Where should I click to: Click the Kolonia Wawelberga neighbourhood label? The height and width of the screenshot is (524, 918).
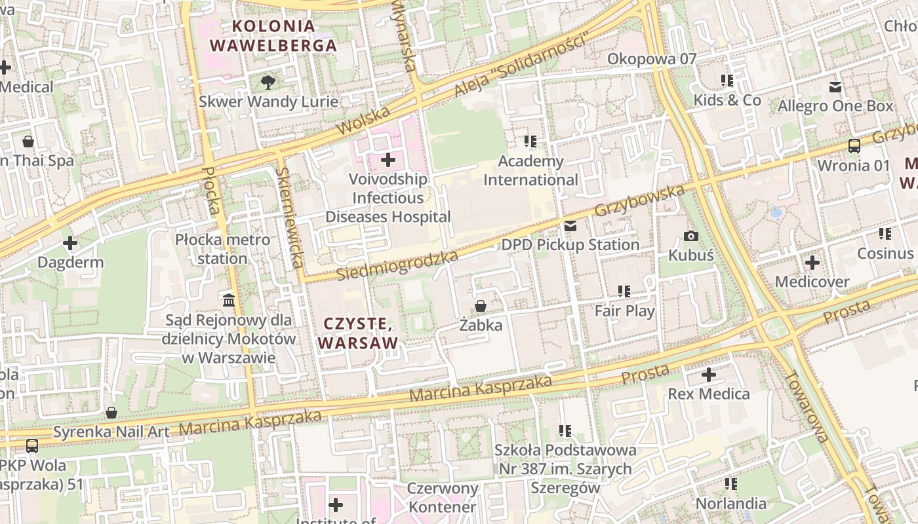pos(273,36)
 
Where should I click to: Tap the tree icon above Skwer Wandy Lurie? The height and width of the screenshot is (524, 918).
pos(268,83)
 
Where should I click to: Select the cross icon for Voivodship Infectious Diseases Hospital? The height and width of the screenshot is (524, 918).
pos(388,159)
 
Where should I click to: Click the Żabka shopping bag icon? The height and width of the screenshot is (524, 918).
pos(481,306)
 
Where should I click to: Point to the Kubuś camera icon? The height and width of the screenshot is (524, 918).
pos(691,236)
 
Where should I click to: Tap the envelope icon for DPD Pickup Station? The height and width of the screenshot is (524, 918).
pos(570,226)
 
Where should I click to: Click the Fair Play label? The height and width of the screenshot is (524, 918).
pos(624,310)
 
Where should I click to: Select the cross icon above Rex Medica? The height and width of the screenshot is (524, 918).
pos(708,375)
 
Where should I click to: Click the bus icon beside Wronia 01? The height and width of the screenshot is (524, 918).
pos(854,146)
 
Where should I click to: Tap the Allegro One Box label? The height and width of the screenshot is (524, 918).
pos(835,106)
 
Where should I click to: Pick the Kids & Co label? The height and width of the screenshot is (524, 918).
pos(727,100)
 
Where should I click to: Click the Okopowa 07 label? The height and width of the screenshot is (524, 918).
pos(651,59)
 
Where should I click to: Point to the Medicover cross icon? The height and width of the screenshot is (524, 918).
pos(812,263)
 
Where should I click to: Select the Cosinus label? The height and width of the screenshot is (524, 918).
pos(885,253)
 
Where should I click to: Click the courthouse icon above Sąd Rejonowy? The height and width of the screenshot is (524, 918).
pos(229,300)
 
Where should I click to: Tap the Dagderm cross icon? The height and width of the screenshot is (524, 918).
pos(70,244)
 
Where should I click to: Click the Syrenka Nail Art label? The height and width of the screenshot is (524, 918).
pos(111,432)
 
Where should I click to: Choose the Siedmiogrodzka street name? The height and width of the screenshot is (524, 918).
pos(397,265)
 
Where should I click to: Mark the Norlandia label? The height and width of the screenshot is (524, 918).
pos(730,503)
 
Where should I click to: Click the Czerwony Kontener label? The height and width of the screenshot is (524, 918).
pos(442,498)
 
